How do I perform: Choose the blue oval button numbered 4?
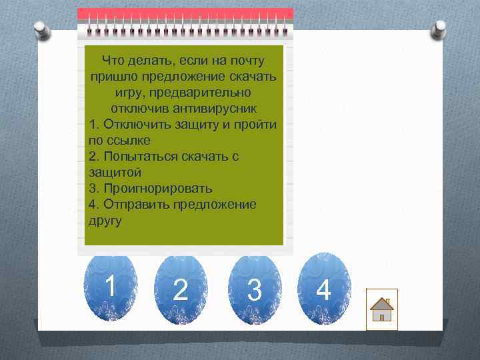323,289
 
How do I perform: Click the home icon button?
382,309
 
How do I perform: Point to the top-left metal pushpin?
41,28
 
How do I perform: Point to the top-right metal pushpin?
439,27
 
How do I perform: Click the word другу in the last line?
105,221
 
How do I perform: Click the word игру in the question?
128,92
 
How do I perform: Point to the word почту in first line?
247,61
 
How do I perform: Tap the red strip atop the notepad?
185,13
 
